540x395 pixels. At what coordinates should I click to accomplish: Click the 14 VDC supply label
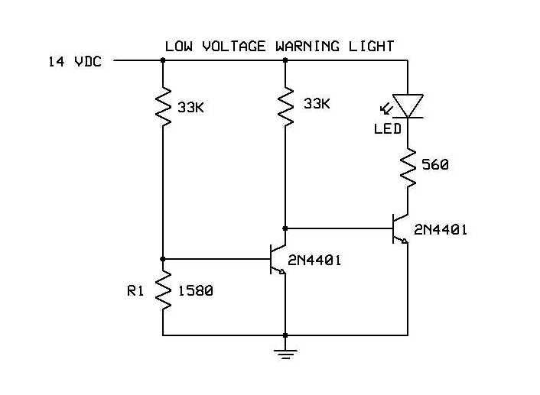coord(74,61)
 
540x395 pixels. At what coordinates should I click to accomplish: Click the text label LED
coord(387,129)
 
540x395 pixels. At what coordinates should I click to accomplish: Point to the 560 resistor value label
coord(435,164)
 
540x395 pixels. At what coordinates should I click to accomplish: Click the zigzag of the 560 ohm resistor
coord(408,170)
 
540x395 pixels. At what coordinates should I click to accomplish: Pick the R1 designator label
coord(136,291)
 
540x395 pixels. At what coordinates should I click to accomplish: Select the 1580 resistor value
coord(194,291)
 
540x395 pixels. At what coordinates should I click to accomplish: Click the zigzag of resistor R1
coord(163,289)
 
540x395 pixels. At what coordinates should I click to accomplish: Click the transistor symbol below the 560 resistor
coord(400,228)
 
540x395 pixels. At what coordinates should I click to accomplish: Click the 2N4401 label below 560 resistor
coord(441,229)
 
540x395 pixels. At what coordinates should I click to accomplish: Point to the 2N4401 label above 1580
coord(314,261)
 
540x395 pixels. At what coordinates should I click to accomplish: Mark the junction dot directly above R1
coord(163,259)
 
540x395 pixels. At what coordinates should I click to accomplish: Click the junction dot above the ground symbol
coord(285,335)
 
